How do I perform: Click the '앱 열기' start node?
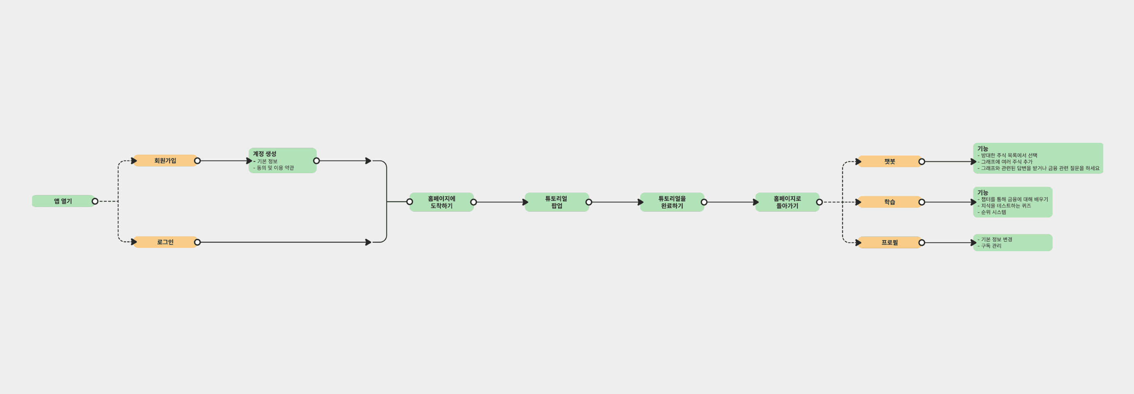pyautogui.click(x=63, y=202)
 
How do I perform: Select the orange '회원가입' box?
pyautogui.click(x=165, y=161)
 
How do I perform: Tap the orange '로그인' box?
pyautogui.click(x=165, y=242)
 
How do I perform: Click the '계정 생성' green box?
pyautogui.click(x=282, y=160)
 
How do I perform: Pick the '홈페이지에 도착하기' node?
pyautogui.click(x=441, y=202)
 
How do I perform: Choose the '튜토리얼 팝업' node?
pyautogui.click(x=556, y=202)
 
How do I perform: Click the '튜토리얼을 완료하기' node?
pyautogui.click(x=672, y=202)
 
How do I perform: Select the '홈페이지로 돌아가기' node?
pyautogui.click(x=787, y=202)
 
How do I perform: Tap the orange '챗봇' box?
pyautogui.click(x=889, y=162)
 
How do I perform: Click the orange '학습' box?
pyautogui.click(x=889, y=202)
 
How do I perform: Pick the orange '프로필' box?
pyautogui.click(x=889, y=243)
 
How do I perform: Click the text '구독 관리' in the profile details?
pyautogui.click(x=991, y=246)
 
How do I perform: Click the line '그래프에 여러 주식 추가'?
pyautogui.click(x=1006, y=162)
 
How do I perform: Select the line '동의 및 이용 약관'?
pyautogui.click(x=275, y=168)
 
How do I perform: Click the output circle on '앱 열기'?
pyautogui.click(x=95, y=202)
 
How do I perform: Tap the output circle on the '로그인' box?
pyautogui.click(x=197, y=242)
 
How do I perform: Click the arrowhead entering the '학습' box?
pyautogui.click(x=858, y=202)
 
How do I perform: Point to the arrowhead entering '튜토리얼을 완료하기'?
pyautogui.click(x=641, y=202)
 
